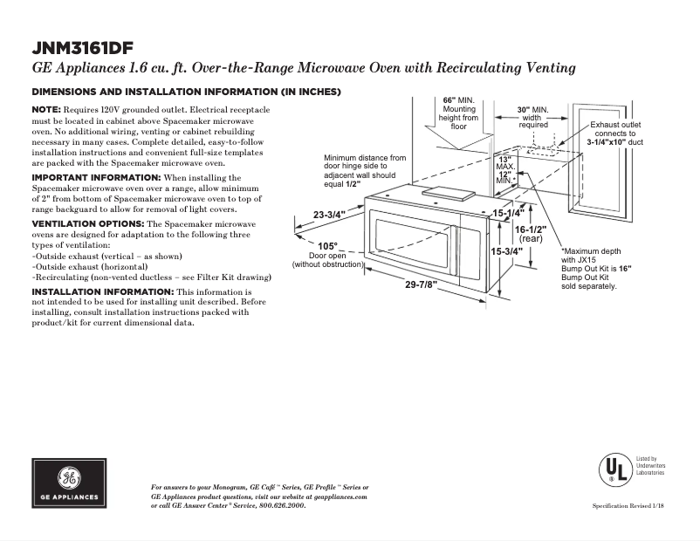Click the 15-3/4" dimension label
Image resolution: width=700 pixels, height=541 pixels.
(x=507, y=251)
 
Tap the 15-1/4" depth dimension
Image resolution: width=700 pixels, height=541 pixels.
(x=507, y=212)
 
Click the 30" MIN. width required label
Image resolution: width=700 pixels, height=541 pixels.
(x=532, y=110)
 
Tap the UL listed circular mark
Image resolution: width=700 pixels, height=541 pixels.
(x=614, y=470)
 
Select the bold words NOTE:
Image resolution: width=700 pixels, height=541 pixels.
(x=46, y=108)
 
